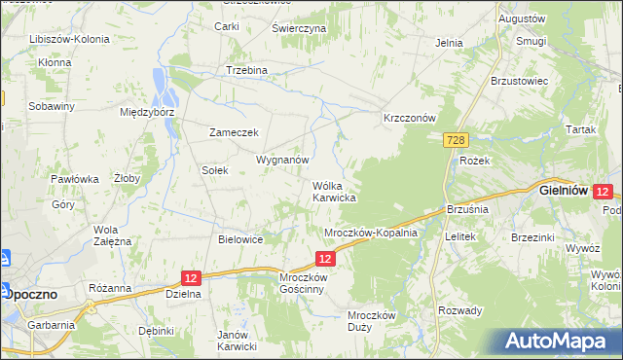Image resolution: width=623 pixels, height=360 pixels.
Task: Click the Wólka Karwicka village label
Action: click(x=333, y=191)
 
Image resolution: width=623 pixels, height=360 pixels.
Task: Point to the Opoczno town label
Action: click(x=31, y=293)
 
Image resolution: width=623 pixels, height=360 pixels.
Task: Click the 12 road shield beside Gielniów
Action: click(x=603, y=193)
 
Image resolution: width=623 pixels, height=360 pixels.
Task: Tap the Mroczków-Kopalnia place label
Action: click(x=370, y=234)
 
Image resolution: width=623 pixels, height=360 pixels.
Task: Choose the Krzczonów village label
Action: click(x=408, y=118)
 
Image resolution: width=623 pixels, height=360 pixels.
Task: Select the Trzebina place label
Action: click(x=246, y=71)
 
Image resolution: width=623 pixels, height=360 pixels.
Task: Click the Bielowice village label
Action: click(x=241, y=239)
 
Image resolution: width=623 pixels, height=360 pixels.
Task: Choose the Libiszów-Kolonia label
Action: click(x=68, y=40)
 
